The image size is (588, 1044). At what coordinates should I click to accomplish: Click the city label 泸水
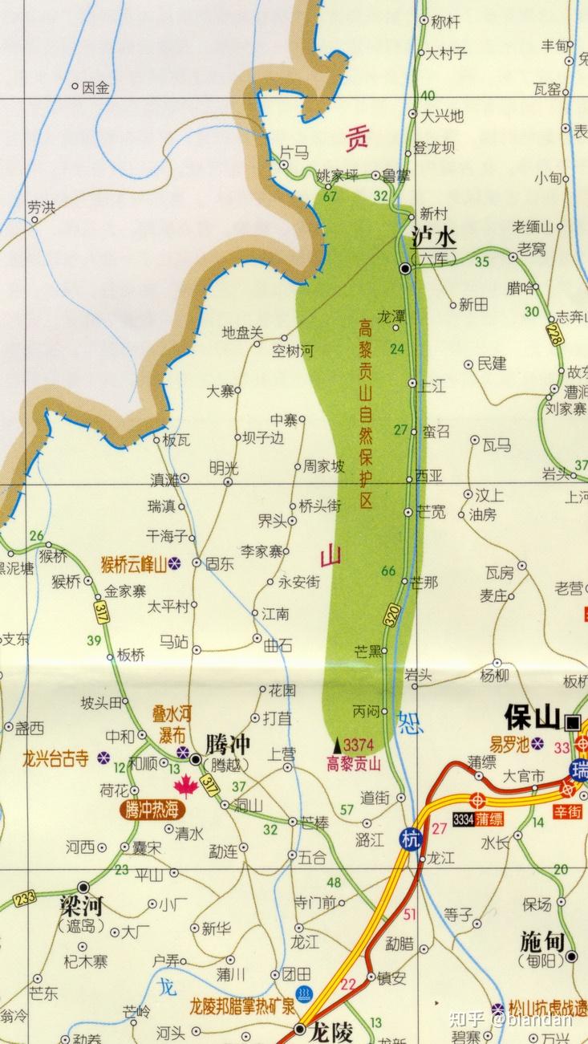(x=433, y=238)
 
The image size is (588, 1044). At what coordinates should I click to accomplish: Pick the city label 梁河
(x=82, y=907)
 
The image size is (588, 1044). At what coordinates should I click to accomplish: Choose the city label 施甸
(x=543, y=941)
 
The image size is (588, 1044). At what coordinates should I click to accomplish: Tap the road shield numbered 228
(x=554, y=334)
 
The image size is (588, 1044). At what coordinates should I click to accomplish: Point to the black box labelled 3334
(x=464, y=819)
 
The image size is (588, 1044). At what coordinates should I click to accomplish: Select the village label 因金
(x=95, y=88)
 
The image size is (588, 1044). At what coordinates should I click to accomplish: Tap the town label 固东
(x=219, y=564)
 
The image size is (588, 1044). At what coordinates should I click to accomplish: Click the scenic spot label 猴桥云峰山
(x=133, y=564)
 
